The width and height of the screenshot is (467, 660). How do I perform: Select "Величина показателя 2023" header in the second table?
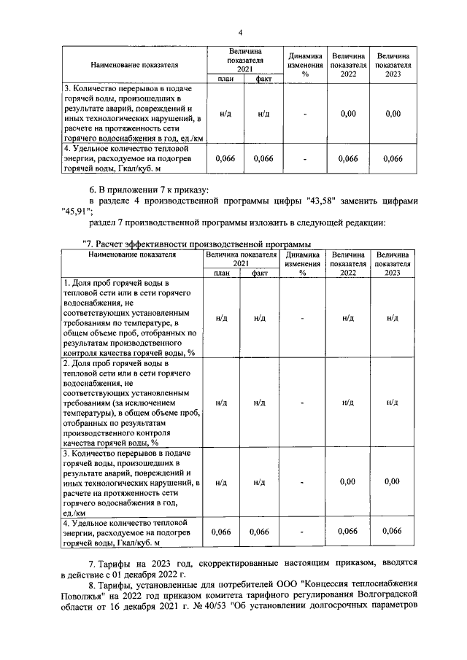(393, 263)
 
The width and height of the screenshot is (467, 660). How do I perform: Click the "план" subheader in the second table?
(222, 273)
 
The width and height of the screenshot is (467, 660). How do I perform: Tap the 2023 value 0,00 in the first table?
(393, 114)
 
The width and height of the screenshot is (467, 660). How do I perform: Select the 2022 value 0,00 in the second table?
(348, 481)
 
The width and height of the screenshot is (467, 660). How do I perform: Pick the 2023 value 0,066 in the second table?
(393, 532)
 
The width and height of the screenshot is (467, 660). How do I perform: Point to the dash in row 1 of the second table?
(303, 318)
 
